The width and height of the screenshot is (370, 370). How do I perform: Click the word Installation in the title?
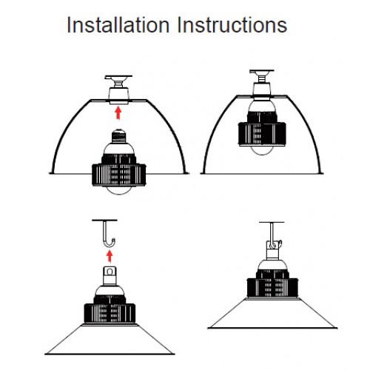[118, 25]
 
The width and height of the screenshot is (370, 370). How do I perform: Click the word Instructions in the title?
[232, 25]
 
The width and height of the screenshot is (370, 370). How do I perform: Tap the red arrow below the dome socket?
[118, 112]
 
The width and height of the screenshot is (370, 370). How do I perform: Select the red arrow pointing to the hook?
[110, 256]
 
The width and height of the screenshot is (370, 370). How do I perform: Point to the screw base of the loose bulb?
[119, 136]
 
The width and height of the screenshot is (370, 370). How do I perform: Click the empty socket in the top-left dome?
[119, 95]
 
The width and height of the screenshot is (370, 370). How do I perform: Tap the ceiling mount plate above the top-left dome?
[118, 77]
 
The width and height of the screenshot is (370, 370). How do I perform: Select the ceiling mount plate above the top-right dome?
[262, 72]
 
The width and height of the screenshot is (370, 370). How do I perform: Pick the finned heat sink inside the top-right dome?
[262, 129]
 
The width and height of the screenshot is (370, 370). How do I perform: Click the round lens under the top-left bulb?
[119, 190]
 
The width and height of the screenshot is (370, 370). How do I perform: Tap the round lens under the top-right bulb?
[262, 150]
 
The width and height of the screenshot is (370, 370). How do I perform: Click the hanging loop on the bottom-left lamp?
[110, 272]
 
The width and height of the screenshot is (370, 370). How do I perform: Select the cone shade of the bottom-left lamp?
[110, 340]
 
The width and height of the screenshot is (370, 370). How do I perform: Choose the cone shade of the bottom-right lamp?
[272, 313]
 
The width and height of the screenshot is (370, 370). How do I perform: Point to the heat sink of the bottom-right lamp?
[272, 283]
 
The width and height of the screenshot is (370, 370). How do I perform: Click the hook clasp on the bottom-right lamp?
[274, 246]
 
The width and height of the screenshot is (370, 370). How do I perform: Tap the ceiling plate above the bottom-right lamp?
[272, 222]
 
